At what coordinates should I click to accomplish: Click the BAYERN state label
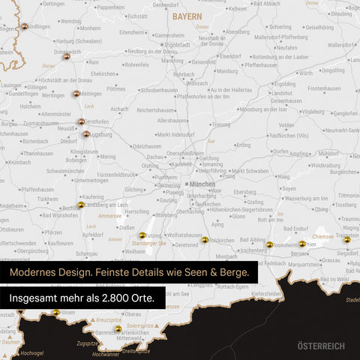(186, 15)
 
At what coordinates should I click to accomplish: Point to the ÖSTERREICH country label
(321, 346)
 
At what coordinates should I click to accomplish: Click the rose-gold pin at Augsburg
(86, 134)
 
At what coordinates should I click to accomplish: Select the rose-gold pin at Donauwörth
(67, 55)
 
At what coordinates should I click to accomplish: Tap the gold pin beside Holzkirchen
(205, 240)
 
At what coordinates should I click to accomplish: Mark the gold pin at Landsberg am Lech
(81, 205)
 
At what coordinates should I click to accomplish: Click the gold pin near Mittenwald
(118, 328)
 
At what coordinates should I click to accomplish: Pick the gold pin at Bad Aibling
(269, 244)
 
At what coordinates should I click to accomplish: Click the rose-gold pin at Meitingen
(76, 94)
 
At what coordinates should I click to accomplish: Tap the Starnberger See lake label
(145, 244)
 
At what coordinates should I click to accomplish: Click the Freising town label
(221, 125)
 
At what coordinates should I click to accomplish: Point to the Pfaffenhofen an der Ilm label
(193, 97)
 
